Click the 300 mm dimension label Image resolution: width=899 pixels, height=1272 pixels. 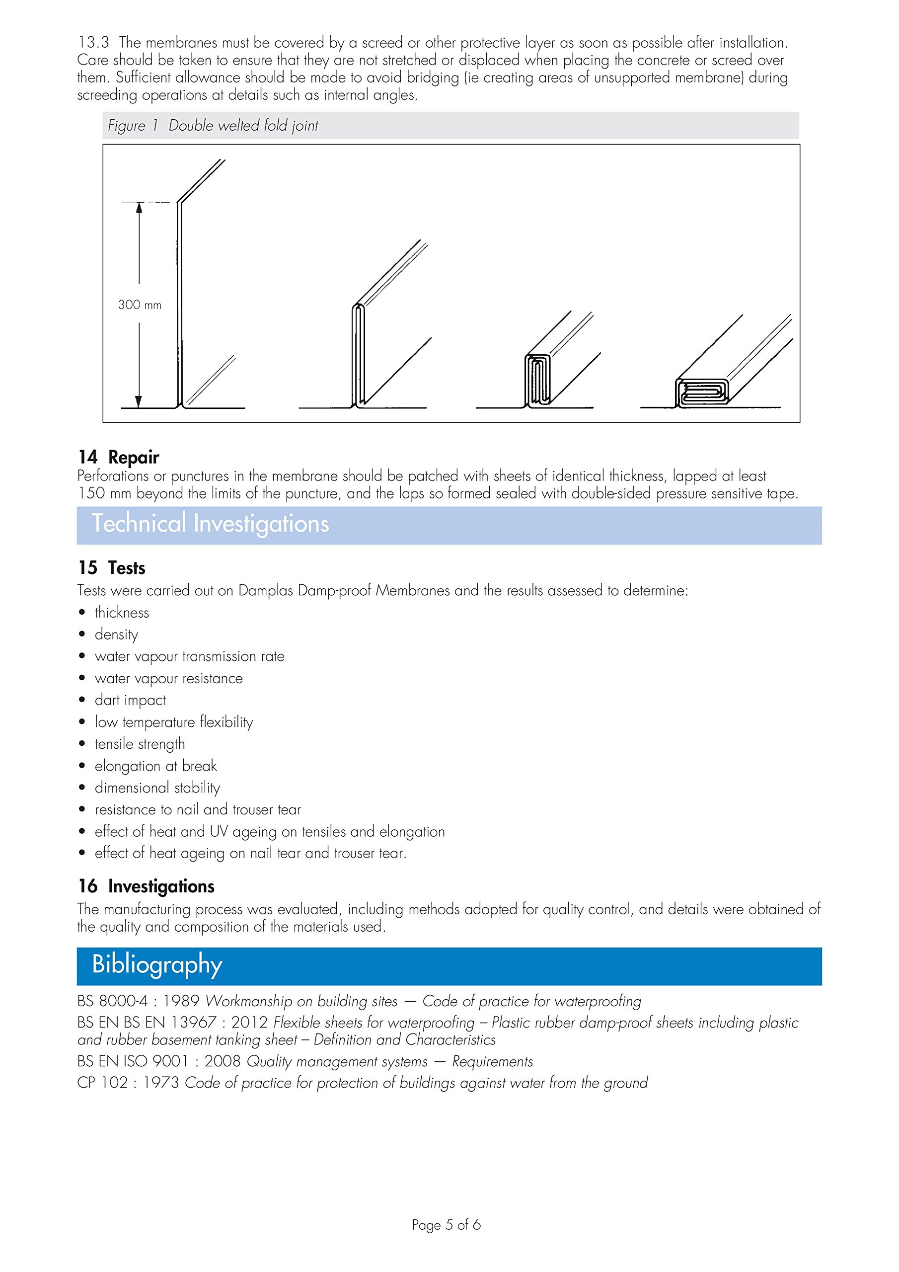click(140, 305)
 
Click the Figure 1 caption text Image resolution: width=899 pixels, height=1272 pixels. click(213, 126)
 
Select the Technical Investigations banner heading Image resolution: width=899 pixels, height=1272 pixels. click(211, 524)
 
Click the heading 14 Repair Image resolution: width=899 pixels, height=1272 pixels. click(118, 457)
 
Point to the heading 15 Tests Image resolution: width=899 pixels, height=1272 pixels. click(111, 568)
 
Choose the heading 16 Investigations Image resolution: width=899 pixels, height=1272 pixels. click(146, 886)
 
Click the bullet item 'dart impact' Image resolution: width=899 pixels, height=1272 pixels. click(130, 700)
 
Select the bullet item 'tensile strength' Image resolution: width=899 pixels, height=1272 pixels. click(140, 744)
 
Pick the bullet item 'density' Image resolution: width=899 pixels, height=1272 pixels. click(116, 635)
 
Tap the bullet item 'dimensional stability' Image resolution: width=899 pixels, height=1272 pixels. click(157, 788)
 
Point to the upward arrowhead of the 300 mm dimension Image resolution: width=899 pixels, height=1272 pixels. click(139, 207)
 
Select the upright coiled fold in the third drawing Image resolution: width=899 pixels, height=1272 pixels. click(537, 381)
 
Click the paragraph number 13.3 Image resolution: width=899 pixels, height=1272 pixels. click(93, 43)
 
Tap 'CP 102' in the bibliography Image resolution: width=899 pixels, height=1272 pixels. click(102, 1083)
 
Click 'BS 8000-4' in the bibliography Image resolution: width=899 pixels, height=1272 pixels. click(112, 1001)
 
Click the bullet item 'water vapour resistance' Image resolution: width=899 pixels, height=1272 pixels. click(168, 679)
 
